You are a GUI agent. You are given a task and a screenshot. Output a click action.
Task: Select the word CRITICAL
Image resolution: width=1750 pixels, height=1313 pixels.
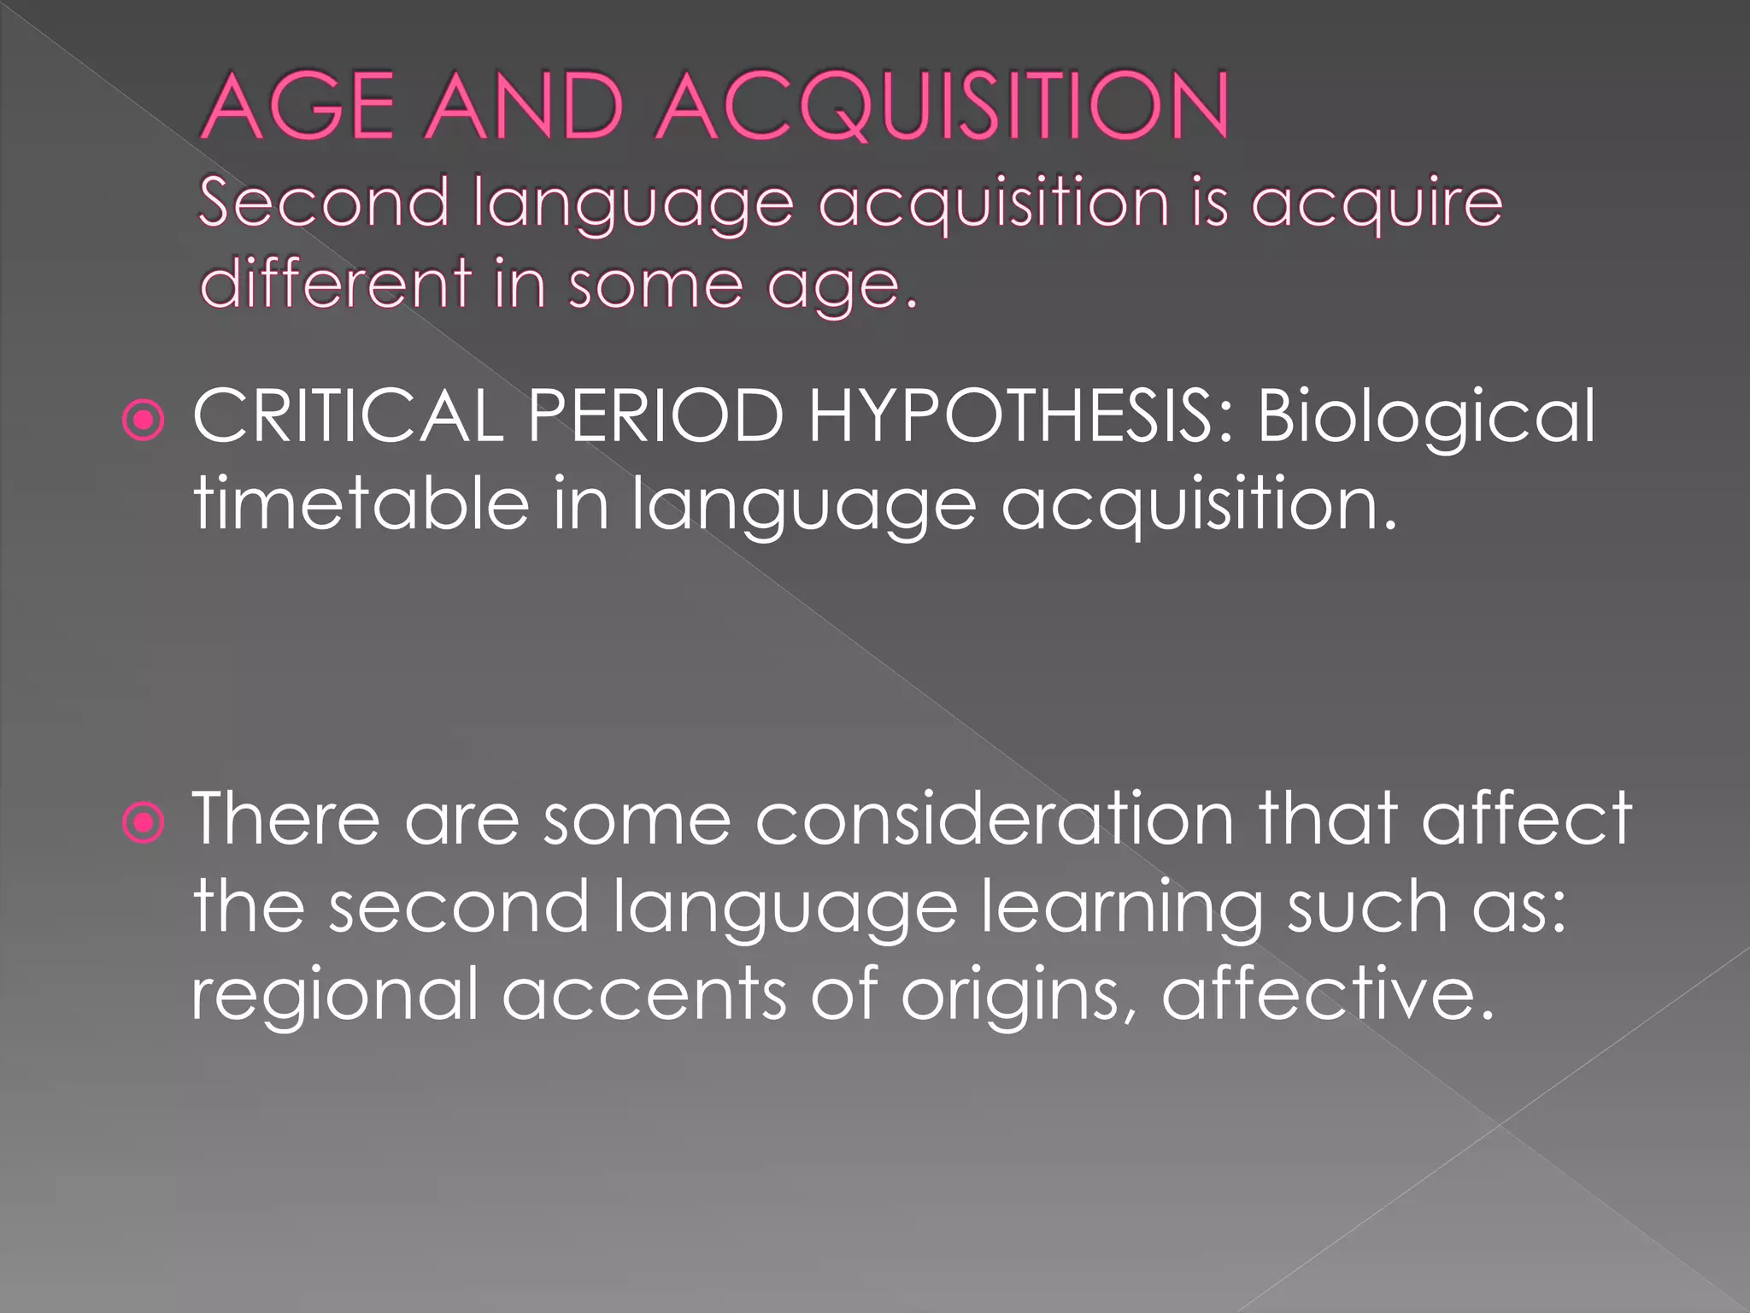[x=348, y=415]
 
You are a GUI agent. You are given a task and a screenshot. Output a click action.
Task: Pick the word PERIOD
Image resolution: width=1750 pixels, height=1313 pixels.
[x=655, y=415]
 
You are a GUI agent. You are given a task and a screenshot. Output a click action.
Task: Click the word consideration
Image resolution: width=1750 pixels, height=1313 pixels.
[x=995, y=819]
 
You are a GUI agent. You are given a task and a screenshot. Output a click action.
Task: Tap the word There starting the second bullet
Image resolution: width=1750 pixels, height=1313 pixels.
[x=285, y=819]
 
